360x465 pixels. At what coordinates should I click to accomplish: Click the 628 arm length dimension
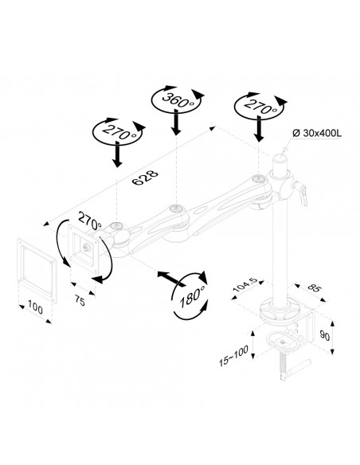pos(145,178)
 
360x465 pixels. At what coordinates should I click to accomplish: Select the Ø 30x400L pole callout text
pos(317,133)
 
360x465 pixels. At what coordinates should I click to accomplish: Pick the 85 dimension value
pos(313,287)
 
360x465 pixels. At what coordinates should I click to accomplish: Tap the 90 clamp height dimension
pos(325,336)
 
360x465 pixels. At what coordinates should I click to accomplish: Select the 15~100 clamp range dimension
pos(233,356)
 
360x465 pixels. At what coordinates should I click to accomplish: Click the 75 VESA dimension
pos(80,301)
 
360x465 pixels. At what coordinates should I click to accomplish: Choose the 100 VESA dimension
pos(35,307)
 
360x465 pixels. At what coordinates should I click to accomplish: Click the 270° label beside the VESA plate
pos(89,221)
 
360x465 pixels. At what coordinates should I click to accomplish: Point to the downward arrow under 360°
pos(177,122)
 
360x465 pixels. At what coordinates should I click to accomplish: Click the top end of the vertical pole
pos(280,157)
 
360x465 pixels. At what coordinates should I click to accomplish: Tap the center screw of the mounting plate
pos(87,247)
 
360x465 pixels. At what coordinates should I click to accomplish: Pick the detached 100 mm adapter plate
pos(37,270)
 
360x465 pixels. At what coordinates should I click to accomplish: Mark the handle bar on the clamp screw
pos(295,369)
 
